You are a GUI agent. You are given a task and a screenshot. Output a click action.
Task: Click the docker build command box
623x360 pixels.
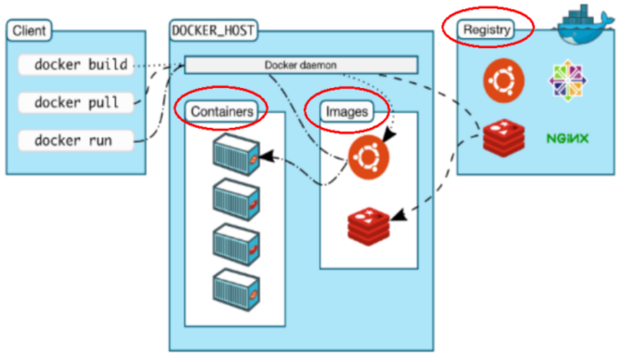tap(76, 65)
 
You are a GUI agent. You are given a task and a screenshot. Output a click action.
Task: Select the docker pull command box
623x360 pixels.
tap(76, 103)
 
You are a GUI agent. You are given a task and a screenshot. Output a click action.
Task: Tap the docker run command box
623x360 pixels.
tap(76, 141)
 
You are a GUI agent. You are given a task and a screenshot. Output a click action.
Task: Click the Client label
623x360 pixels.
tap(29, 30)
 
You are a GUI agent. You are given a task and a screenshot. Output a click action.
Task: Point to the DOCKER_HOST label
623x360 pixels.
tap(214, 30)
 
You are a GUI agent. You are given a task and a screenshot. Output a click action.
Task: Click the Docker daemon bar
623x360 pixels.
tap(301, 65)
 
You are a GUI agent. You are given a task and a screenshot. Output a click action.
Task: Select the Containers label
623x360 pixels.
tap(222, 112)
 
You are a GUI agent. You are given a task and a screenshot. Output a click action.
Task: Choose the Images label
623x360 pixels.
tap(347, 112)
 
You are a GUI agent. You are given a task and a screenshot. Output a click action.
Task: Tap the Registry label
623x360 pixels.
tap(486, 30)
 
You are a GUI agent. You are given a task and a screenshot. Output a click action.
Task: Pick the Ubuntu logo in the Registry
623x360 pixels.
tap(503, 81)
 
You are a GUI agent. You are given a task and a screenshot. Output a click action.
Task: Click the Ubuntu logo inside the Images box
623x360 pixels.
tap(368, 157)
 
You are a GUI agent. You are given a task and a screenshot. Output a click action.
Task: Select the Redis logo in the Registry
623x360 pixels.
tap(503, 137)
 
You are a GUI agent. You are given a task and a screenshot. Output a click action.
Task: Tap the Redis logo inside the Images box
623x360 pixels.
tap(368, 226)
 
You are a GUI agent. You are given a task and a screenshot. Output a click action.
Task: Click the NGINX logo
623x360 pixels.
tap(567, 138)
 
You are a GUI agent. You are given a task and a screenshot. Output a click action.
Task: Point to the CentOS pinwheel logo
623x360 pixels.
tap(568, 81)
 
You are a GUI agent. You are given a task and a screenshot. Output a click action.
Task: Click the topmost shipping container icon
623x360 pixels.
tap(236, 155)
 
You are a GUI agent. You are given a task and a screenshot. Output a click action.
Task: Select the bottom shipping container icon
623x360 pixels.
tap(236, 290)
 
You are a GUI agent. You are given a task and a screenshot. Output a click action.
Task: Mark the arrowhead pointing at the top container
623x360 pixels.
tap(267, 156)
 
